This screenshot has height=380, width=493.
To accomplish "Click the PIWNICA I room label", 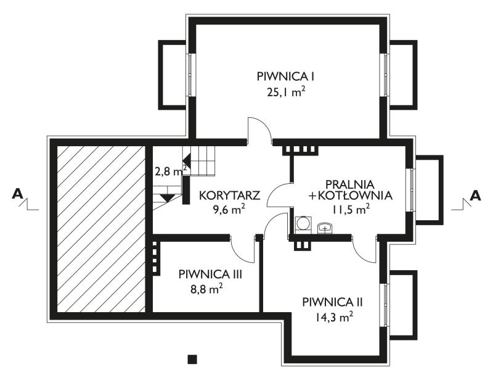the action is point(286,76).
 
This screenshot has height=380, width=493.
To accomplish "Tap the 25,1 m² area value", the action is point(286,92).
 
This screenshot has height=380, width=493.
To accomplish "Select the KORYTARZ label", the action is point(230,196).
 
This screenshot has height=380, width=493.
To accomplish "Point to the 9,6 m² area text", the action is point(229,209).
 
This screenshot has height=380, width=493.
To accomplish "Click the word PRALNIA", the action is point(350,184).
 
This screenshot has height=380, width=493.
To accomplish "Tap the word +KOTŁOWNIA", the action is point(351,196).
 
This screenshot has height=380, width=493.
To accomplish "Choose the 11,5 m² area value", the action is point(351,209).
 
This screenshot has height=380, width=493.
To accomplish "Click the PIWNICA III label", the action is point(210,275).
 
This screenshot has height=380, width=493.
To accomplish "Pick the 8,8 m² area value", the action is point(206,289).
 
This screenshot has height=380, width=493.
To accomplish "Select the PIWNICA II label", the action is point(333,302).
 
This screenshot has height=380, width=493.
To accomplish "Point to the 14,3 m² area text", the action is point(333,316).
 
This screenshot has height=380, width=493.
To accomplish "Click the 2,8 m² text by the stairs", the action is point(171,171).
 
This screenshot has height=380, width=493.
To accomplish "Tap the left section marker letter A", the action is point(17,194).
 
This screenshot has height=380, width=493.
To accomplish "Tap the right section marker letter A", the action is point(475,196).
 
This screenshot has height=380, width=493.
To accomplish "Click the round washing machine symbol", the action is point(303,223).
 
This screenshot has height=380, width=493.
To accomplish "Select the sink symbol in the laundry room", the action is point(325,228).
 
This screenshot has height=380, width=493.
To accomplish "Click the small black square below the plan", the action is point(192,359).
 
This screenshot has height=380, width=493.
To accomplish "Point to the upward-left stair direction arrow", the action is point(187,157).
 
